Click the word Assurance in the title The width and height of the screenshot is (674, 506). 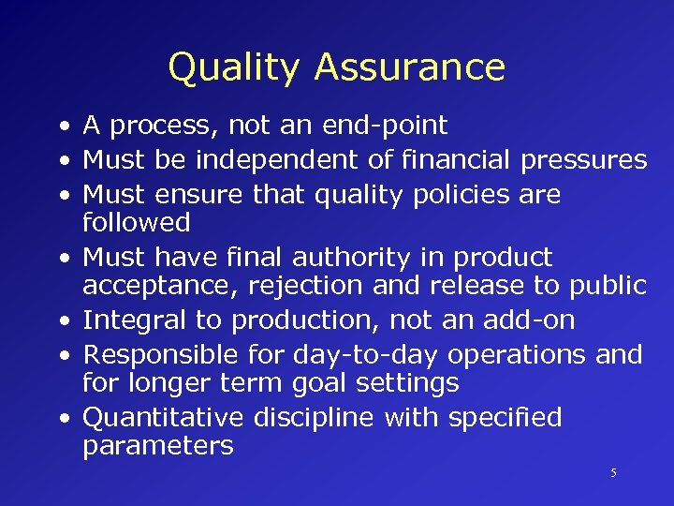tap(410, 67)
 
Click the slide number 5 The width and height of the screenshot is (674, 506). tap(613, 473)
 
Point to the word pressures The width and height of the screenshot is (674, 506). tap(583, 161)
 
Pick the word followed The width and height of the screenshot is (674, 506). tap(136, 222)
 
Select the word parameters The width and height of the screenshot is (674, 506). tap(157, 446)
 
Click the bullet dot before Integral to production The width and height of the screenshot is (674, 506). tap(61, 321)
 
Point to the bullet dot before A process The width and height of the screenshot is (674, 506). tap(61, 126)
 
